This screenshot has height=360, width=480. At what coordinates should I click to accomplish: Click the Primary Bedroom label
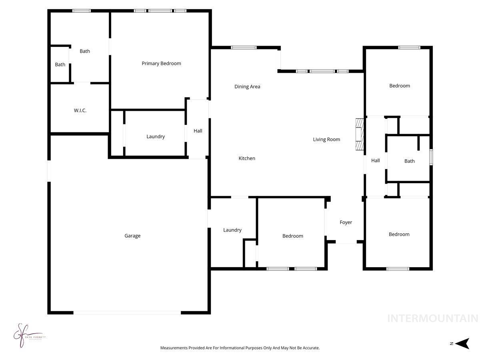[161, 63]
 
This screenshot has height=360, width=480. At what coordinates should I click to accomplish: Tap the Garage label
[132, 236]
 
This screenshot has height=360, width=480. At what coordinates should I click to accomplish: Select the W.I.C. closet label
[80, 110]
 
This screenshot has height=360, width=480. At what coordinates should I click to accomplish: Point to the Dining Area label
[247, 86]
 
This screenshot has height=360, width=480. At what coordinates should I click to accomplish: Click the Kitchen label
[247, 158]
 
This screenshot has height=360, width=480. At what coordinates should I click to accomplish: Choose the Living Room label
[326, 139]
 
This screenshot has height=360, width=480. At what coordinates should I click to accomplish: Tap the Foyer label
[346, 222]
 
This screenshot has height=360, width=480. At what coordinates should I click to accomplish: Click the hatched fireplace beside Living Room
[360, 134]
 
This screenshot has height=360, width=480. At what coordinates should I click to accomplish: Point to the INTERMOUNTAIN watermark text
[432, 318]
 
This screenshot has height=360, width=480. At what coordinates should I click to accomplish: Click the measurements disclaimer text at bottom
[240, 348]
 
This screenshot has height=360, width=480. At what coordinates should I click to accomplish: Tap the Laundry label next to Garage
[232, 230]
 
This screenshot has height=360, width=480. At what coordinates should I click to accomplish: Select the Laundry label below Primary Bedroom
[156, 136]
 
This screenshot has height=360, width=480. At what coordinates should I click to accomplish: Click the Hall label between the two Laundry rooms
[198, 131]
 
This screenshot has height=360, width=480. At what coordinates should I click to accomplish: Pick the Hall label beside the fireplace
[375, 160]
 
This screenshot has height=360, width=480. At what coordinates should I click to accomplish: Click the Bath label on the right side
[409, 161]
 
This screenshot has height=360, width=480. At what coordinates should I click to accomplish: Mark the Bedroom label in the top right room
[400, 86]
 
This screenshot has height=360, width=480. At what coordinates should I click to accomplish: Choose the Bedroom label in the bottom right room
[399, 234]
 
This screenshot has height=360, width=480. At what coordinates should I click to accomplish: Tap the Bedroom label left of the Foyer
[293, 236]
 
